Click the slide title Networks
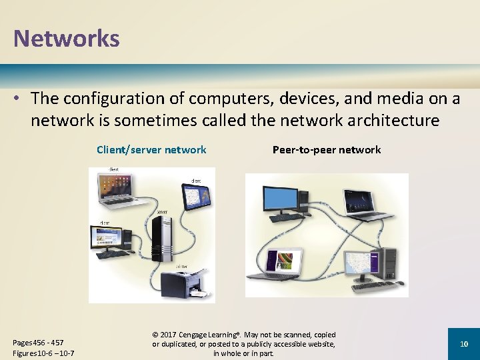click(x=67, y=38)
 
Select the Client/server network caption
click(x=151, y=150)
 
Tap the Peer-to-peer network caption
click(x=327, y=150)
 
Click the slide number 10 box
click(x=464, y=343)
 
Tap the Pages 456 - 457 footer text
click(x=38, y=343)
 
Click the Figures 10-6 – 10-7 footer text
click(x=43, y=353)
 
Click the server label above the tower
click(x=162, y=211)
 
